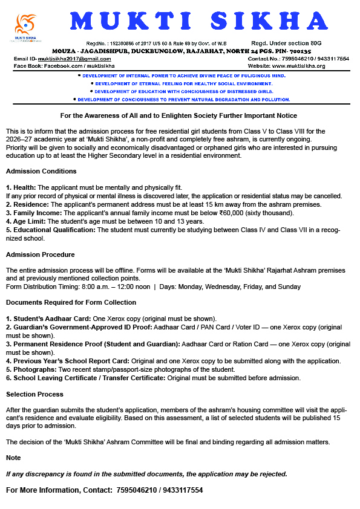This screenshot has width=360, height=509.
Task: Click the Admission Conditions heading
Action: [41, 172]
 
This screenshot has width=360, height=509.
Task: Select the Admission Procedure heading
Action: [41, 254]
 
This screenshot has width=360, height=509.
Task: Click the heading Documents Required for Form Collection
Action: [71, 302]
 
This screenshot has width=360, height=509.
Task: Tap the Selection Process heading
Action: [34, 394]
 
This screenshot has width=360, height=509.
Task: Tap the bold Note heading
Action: [13, 458]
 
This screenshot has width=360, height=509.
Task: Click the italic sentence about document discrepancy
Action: [146, 474]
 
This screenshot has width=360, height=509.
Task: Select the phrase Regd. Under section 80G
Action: [286, 44]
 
